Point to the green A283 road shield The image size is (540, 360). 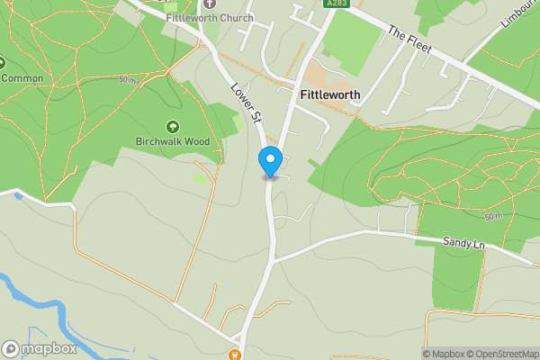coord(335,4)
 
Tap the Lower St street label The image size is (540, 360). coord(245,103)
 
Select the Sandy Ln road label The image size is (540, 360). coord(463,243)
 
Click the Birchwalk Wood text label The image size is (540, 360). coord(172,141)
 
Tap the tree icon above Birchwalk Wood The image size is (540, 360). coord(172,127)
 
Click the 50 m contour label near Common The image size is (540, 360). coord(128,81)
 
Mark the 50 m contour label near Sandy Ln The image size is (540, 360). coord(493,217)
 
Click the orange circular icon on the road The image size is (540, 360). coord(236,355)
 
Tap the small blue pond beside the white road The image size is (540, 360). coord(17,195)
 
